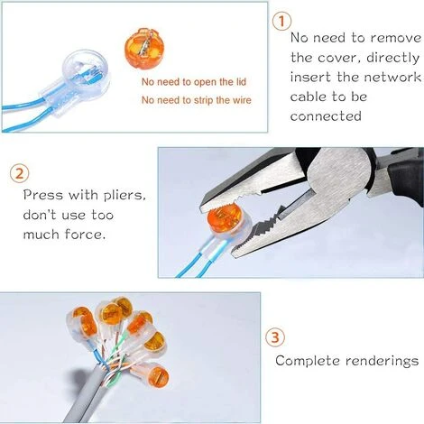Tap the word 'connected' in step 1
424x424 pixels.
click(x=326, y=116)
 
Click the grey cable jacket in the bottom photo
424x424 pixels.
click(x=45, y=397)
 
